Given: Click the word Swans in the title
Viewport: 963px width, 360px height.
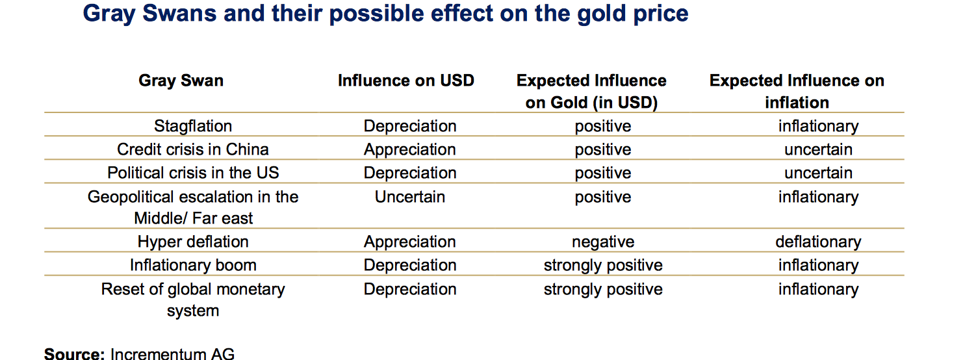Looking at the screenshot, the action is click(x=180, y=13).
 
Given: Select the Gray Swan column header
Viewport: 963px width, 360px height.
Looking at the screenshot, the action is click(x=181, y=81).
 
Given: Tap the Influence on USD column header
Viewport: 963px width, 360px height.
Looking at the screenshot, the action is click(x=406, y=81).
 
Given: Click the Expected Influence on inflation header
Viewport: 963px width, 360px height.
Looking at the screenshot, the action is click(x=797, y=91).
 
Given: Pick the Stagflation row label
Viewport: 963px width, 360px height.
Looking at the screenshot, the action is click(x=193, y=126).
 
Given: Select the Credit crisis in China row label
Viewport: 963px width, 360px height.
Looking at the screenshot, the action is click(x=193, y=149).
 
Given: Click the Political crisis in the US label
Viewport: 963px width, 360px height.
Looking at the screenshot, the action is click(x=193, y=172).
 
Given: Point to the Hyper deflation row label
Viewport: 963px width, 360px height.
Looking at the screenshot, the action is click(x=193, y=242).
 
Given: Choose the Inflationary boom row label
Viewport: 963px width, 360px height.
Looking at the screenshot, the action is click(x=193, y=265).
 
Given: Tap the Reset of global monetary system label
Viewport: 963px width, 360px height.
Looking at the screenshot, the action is click(x=193, y=300).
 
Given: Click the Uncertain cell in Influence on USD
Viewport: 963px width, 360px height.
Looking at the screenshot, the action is click(x=410, y=196).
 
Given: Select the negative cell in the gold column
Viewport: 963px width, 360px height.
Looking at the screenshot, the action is click(x=603, y=242).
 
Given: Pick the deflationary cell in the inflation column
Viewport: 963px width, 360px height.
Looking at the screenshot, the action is click(x=818, y=242).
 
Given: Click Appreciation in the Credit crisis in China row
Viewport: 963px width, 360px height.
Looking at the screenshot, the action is click(x=410, y=149).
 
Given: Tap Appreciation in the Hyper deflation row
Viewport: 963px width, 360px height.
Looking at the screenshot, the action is click(x=410, y=242).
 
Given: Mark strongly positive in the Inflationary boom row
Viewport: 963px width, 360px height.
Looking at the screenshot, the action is click(x=603, y=265).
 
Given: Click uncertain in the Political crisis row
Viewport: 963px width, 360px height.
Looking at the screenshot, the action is click(x=818, y=173).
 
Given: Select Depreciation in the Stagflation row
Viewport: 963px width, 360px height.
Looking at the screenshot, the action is click(x=410, y=126).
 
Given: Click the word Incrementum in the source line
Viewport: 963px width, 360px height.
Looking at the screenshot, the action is click(x=158, y=354).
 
